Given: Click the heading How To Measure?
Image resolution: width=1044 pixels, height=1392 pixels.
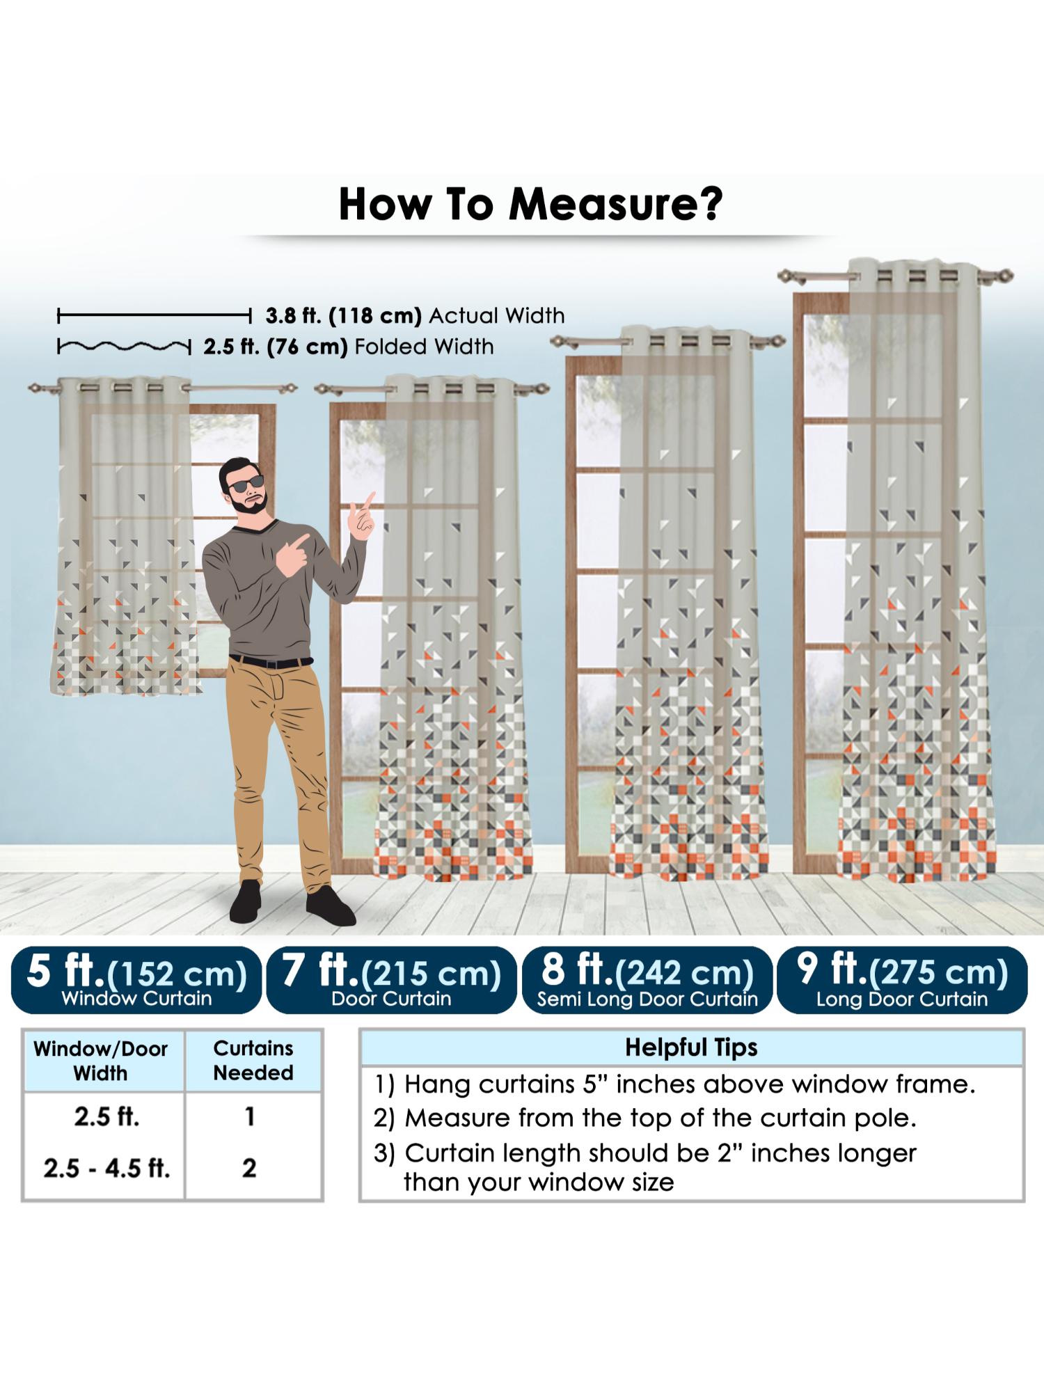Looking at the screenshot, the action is (530, 204).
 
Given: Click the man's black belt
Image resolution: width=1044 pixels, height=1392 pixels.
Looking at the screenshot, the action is (271, 661).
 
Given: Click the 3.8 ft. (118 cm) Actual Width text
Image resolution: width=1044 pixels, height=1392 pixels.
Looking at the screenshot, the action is (415, 316).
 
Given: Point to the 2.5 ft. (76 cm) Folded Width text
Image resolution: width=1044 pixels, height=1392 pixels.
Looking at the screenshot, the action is (349, 347).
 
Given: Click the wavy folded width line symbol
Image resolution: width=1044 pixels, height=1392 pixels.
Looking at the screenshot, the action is (124, 346).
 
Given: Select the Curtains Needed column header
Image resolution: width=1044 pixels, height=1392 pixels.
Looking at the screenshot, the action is (253, 1060).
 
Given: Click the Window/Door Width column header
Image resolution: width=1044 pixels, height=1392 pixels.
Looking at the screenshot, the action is (101, 1061).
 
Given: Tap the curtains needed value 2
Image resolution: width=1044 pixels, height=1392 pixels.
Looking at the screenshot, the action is (249, 1167).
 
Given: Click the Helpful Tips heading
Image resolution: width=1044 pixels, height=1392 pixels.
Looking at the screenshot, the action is (691, 1047).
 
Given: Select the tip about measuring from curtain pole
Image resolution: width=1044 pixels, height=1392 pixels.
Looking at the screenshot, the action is (645, 1118).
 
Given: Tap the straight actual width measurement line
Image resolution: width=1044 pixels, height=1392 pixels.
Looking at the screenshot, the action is (154, 317).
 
